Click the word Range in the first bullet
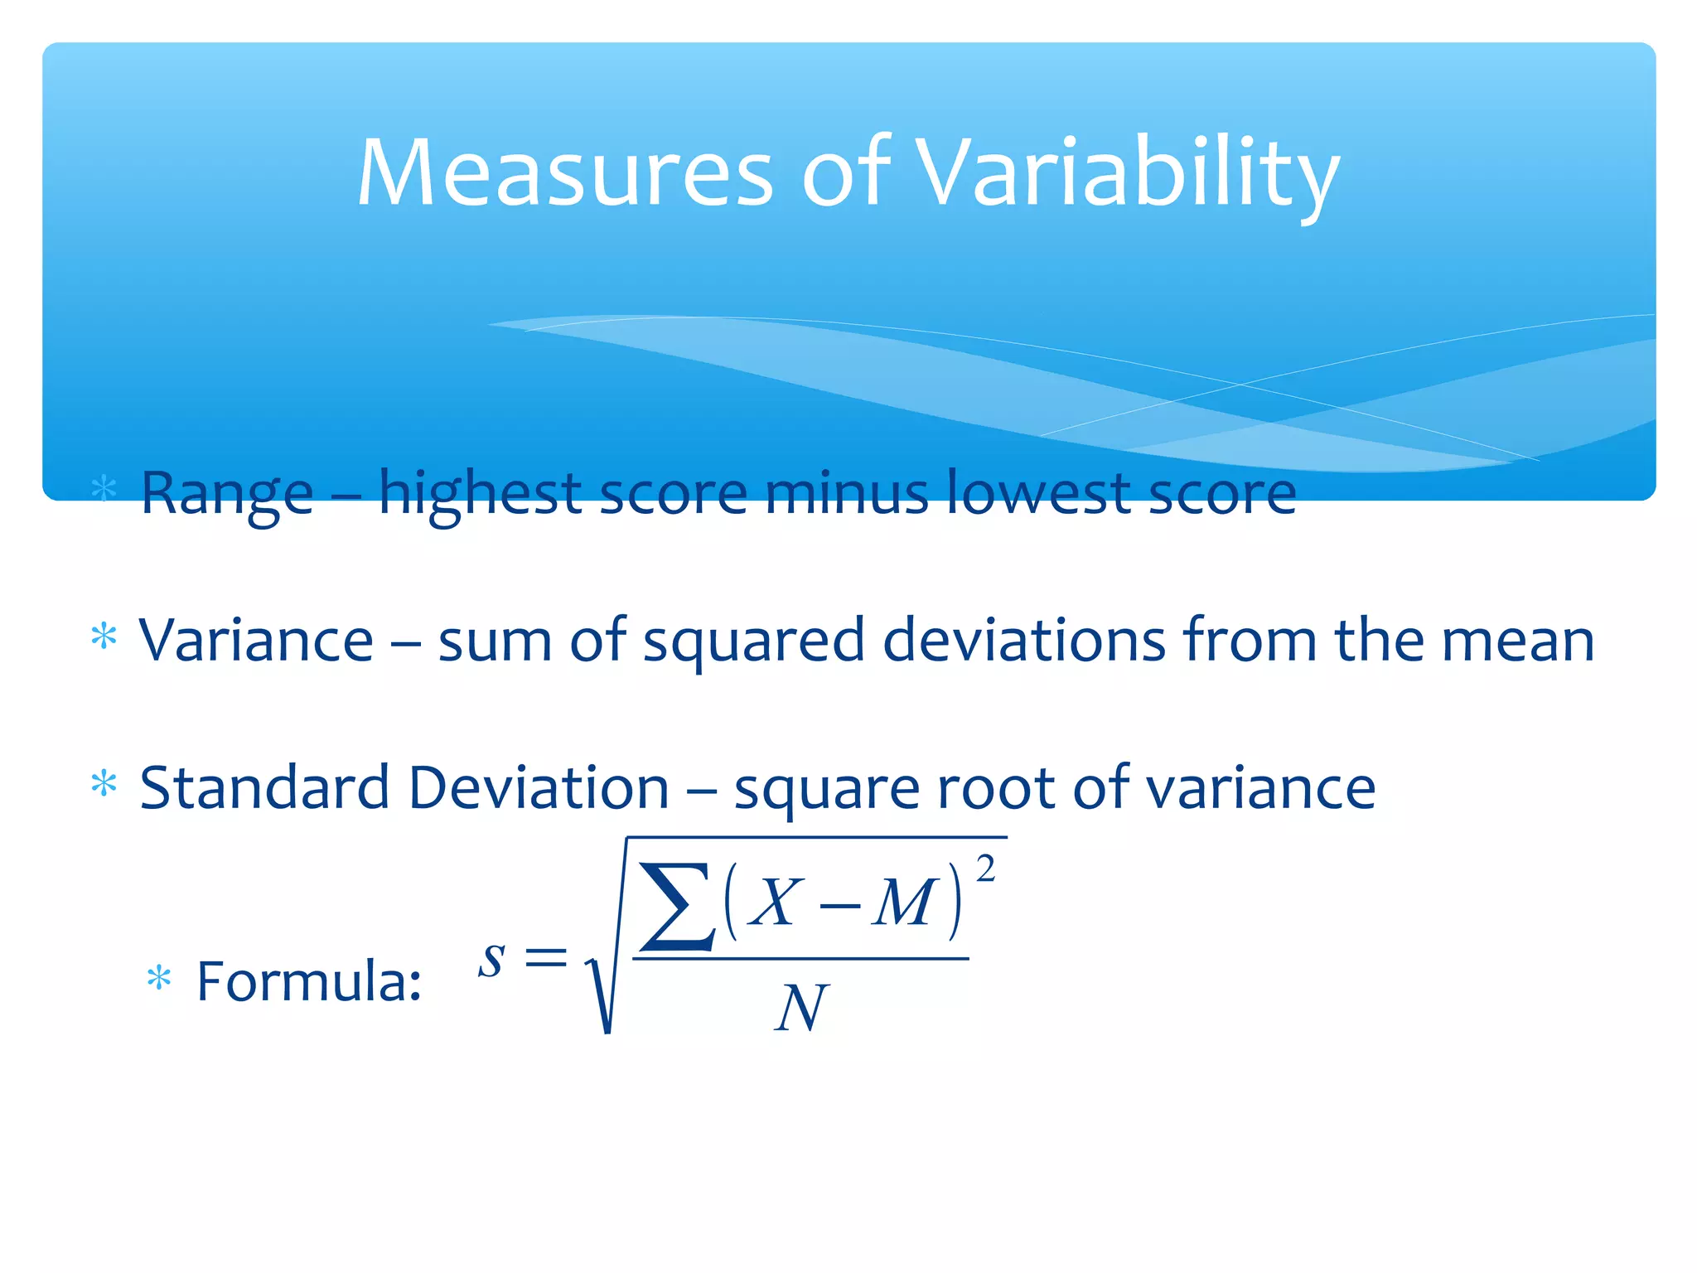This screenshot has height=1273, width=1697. click(227, 494)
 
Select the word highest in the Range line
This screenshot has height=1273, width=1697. click(480, 494)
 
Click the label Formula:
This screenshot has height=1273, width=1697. click(308, 981)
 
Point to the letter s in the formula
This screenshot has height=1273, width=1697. click(492, 960)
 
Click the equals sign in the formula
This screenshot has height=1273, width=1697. click(546, 960)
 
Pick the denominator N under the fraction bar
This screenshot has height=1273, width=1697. click(800, 1009)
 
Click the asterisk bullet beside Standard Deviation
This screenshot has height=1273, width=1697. click(104, 783)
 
